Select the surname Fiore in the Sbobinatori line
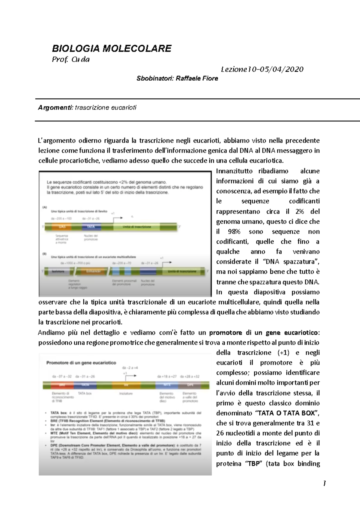[210, 79]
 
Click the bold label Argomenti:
[55, 108]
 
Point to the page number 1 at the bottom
[324, 483]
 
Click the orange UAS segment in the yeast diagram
[62, 227]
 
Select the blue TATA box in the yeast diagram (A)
[91, 227]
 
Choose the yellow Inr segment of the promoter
[126, 385]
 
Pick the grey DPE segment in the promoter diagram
[190, 385]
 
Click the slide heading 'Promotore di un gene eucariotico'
[81, 363]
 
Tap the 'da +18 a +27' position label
[167, 377]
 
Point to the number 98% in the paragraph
[234, 232]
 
